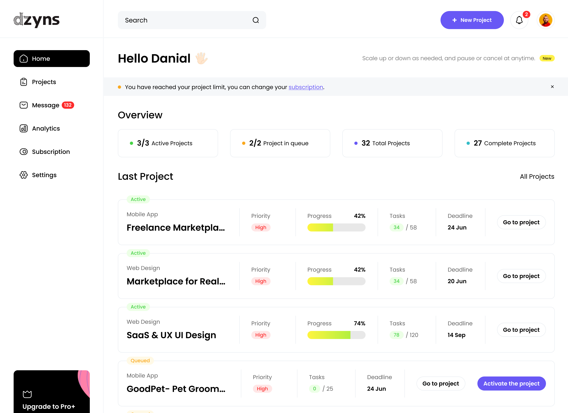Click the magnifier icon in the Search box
click(256, 20)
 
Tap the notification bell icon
click(519, 20)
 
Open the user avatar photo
click(546, 20)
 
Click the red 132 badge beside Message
click(68, 105)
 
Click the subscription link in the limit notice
click(306, 87)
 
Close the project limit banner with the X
click(552, 87)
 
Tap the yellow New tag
click(547, 58)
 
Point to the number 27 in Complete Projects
click(478, 143)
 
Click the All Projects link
click(537, 177)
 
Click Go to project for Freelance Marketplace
click(521, 222)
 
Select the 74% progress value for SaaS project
click(359, 323)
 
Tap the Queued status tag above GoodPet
click(140, 361)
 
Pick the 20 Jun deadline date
click(457, 281)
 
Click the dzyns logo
click(36, 20)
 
